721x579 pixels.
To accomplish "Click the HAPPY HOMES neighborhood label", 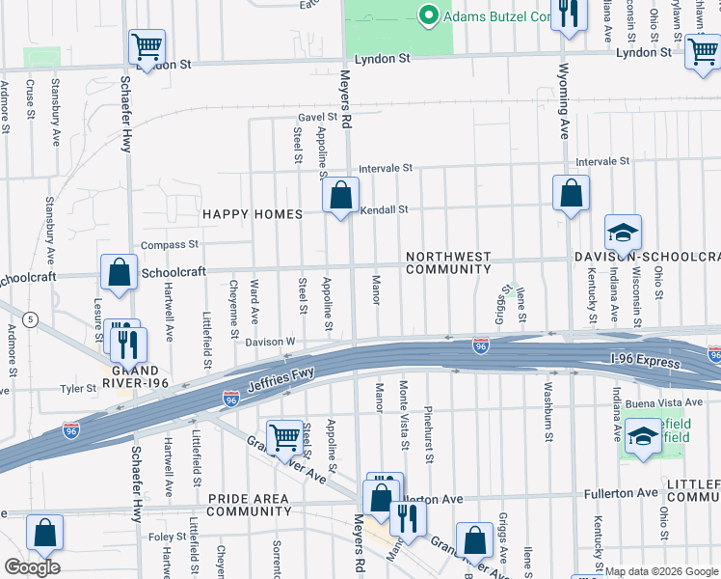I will coord(252,214).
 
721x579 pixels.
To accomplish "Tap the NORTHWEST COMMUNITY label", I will coord(448,263).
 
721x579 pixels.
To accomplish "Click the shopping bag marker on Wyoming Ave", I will coord(571,193).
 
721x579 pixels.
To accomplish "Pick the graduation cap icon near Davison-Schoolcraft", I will coord(623,233).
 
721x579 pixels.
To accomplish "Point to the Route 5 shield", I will coord(33,318).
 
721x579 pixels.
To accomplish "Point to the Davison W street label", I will coord(269,342).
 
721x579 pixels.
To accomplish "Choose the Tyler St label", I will coord(73,389).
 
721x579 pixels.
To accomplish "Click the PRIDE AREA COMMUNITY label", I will coord(248,504).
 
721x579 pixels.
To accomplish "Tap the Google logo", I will coord(32,567).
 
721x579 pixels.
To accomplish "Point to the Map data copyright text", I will coord(660,571).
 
